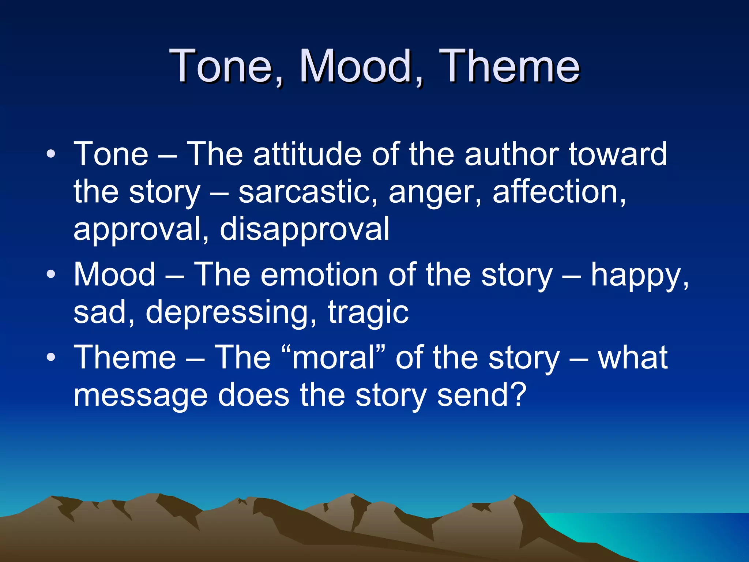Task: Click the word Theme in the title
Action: coord(510,67)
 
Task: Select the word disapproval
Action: coord(305,229)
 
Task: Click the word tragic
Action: coord(368,312)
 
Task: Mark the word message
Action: coord(140,395)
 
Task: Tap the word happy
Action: coord(638,276)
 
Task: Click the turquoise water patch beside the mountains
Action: coord(585,531)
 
